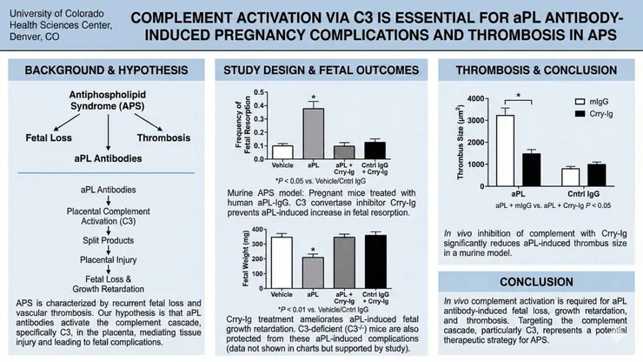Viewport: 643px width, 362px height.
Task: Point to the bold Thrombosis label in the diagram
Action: pos(162,136)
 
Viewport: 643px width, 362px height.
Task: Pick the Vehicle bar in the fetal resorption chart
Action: pos(282,151)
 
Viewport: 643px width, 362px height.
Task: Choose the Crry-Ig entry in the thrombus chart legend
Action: pos(584,114)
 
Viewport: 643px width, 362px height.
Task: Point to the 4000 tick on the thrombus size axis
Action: pos(479,97)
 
